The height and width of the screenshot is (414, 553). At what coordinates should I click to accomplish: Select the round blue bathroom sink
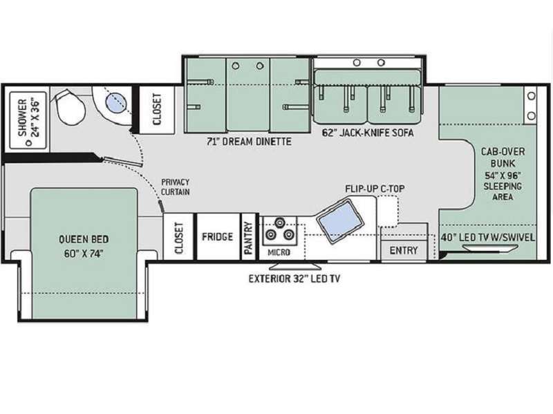115,102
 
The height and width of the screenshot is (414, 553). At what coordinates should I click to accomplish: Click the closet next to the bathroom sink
157,109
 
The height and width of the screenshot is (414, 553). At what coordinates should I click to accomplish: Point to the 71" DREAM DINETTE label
249,142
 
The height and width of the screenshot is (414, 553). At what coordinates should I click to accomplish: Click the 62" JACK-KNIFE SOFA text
368,133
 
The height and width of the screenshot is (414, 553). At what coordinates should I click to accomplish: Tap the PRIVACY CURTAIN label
176,187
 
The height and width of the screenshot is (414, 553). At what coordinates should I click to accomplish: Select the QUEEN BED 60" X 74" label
84,247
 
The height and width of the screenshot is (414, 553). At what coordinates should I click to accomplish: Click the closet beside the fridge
178,237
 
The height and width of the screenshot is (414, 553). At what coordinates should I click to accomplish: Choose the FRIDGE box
217,236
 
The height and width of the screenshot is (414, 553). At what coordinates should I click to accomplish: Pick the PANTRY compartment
249,237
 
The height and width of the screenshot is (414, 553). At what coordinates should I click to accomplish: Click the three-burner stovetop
280,231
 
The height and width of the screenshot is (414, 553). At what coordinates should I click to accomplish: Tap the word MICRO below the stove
279,252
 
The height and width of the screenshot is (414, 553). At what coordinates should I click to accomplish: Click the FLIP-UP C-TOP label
375,189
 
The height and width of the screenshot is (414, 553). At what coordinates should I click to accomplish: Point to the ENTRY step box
404,250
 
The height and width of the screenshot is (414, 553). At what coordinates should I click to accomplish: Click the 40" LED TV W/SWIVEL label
488,238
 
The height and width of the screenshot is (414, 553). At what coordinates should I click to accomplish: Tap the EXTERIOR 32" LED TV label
294,279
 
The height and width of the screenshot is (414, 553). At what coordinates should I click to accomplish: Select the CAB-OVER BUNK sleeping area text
503,174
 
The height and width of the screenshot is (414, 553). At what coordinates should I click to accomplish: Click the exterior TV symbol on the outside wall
295,265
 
